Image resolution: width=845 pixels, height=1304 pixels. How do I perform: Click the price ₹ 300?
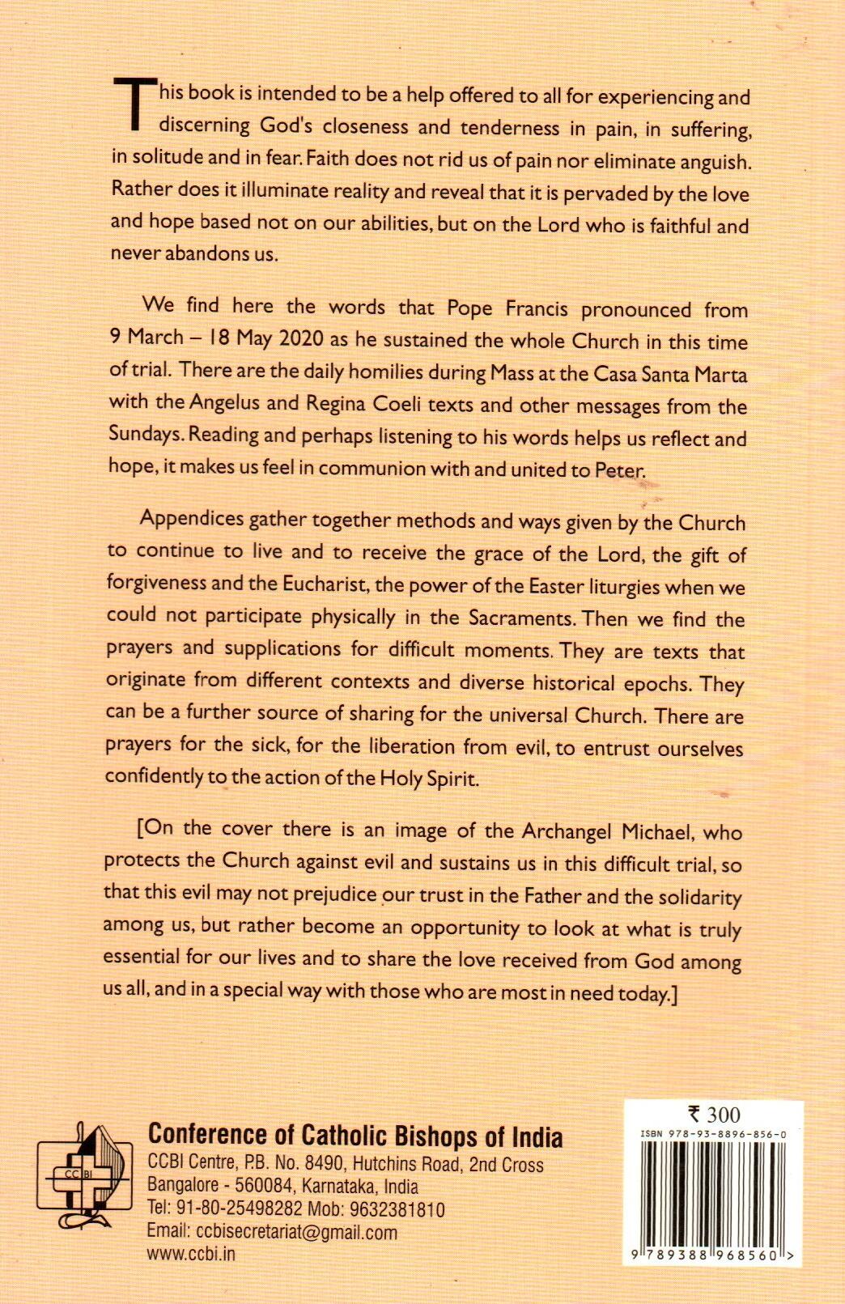tap(713, 1115)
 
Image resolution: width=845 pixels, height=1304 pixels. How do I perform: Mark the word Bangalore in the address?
tap(185, 1187)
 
